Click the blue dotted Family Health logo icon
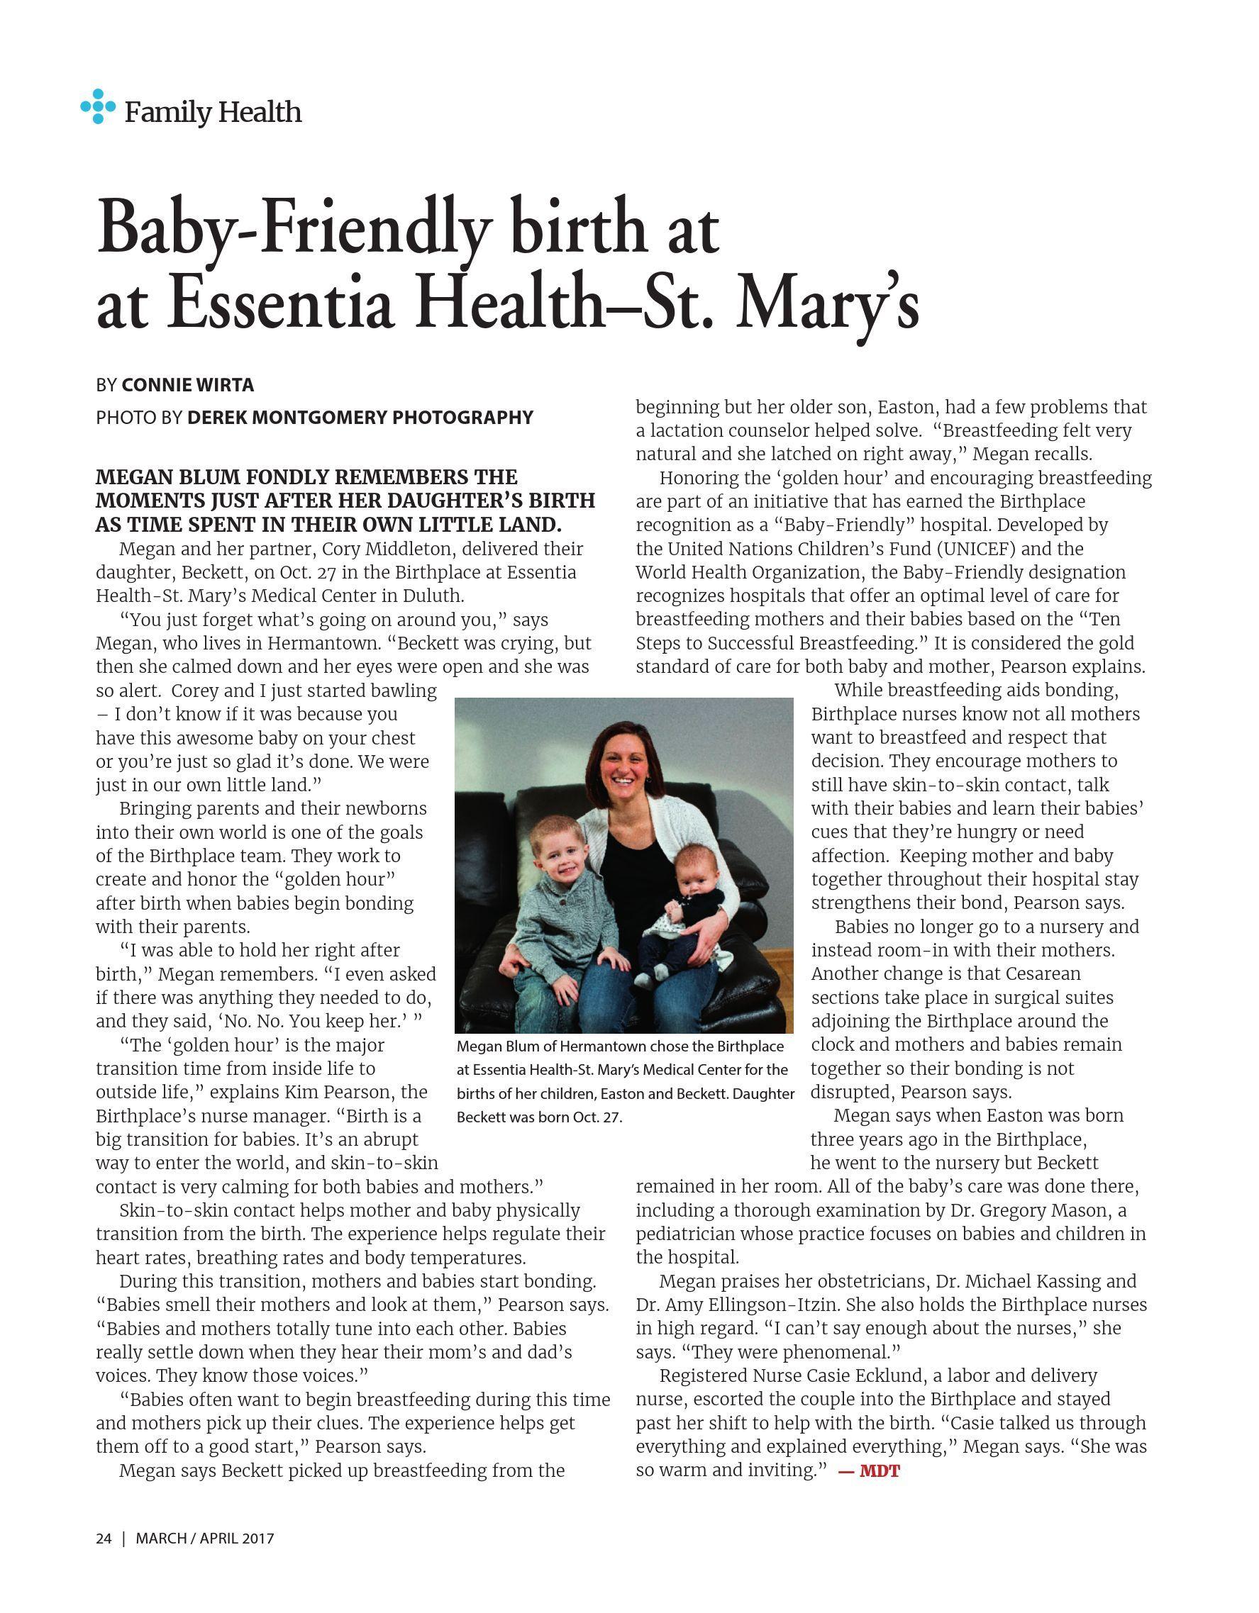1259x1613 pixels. [x=98, y=106]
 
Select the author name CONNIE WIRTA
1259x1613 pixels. [x=188, y=385]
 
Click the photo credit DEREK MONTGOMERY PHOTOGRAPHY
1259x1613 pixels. [x=360, y=418]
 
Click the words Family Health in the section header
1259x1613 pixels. [x=213, y=112]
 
